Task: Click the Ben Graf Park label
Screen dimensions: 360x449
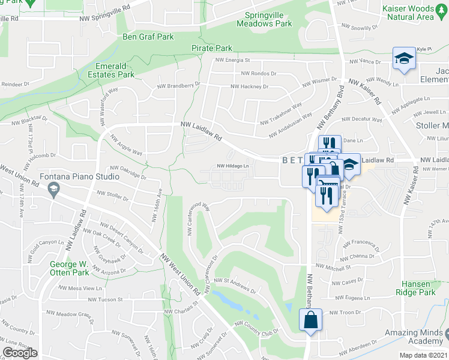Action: click(x=148, y=37)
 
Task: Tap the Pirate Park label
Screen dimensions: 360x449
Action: click(x=211, y=47)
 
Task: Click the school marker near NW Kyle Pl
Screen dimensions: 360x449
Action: click(x=404, y=59)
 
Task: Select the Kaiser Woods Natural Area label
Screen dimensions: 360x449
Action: click(x=407, y=13)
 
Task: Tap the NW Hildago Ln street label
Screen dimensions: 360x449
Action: click(x=233, y=167)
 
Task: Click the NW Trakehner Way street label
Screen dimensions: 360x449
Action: click(x=281, y=113)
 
